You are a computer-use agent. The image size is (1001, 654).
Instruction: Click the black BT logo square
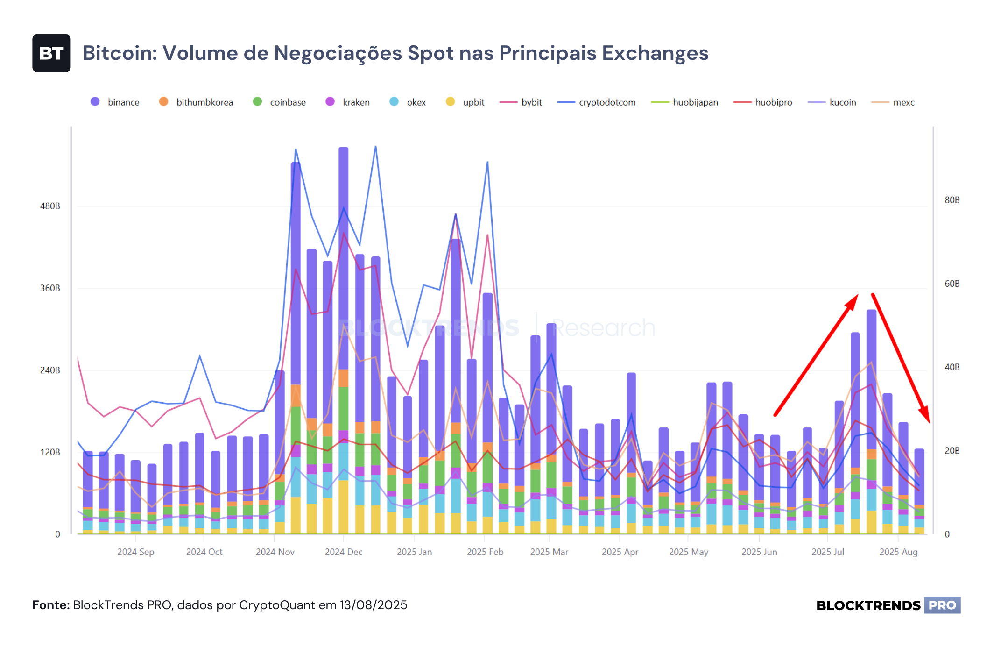pos(51,53)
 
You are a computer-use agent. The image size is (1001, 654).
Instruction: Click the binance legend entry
pos(115,102)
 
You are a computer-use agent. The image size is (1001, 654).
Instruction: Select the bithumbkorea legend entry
pos(196,102)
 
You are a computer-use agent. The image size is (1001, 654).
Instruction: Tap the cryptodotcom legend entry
pos(596,102)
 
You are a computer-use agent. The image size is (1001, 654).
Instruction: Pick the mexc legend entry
pos(893,102)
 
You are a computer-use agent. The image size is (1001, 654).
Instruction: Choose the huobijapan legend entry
pos(684,102)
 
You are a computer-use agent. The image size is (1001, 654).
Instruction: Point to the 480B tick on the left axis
pos(50,206)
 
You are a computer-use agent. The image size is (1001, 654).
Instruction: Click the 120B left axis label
pos(50,452)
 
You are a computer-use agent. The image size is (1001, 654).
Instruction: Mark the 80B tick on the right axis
pos(952,200)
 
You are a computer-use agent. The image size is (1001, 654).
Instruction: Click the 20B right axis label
pos(952,451)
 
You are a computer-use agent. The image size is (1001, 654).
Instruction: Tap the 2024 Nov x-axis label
pos(275,552)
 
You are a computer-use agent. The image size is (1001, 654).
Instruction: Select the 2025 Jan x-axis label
pos(414,552)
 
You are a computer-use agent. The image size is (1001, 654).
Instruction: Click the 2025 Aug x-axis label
pos(898,552)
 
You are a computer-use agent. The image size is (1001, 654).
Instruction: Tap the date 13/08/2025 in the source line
pos(374,605)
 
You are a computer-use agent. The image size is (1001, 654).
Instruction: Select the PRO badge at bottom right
pos(942,605)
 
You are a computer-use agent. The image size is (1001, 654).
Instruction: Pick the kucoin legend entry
pos(832,102)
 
